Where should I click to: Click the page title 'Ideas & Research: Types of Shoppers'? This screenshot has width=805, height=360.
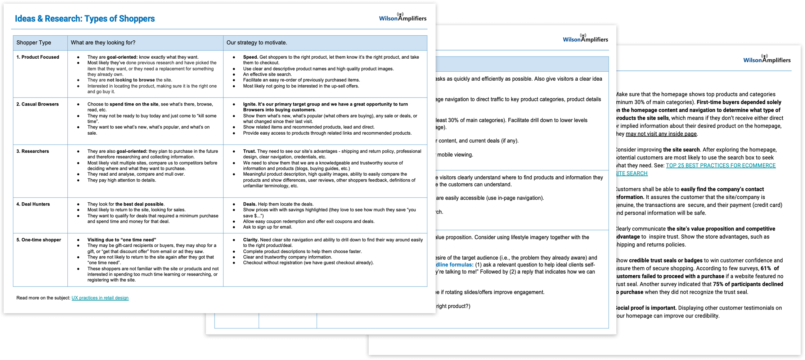[x=85, y=19]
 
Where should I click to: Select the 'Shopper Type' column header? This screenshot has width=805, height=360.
[x=34, y=42]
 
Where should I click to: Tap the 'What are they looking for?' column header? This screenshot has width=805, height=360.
[x=103, y=42]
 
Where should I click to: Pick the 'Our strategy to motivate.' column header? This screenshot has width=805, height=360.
[x=257, y=42]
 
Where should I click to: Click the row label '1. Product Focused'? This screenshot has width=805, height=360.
[x=38, y=57]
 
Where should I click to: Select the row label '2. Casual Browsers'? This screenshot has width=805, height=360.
[x=37, y=104]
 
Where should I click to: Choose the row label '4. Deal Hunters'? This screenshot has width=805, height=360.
[x=33, y=204]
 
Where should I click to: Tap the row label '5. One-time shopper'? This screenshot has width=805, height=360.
[x=39, y=240]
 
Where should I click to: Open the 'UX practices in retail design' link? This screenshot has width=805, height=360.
[x=100, y=298]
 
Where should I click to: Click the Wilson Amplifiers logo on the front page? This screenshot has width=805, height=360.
[x=402, y=17]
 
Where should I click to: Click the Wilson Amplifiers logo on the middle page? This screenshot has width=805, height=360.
[x=585, y=39]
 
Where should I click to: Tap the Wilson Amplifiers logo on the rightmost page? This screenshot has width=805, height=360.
[x=767, y=59]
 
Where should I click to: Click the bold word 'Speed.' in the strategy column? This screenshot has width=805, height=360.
[x=251, y=57]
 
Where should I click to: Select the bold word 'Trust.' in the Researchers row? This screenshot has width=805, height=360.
[x=249, y=151]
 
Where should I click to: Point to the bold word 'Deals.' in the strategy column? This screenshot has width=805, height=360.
[x=250, y=204]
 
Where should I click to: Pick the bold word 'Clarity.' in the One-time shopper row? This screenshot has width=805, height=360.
[x=251, y=240]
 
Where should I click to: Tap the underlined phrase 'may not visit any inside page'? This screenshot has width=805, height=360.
[x=661, y=134]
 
